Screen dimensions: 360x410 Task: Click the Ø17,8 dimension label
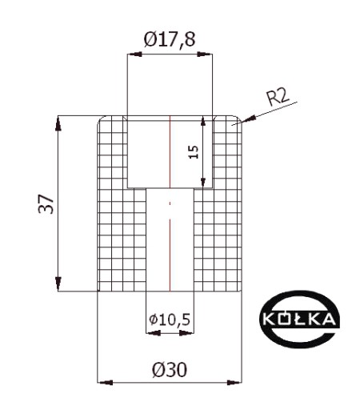170,40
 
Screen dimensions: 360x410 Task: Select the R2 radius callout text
278,97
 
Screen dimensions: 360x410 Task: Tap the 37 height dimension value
46,204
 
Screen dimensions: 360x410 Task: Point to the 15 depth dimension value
194,152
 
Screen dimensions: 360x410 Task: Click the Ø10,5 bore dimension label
170,320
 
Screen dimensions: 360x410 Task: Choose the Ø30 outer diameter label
170,370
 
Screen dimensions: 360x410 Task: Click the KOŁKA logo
299,320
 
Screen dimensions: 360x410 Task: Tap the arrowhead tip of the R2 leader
242,122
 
